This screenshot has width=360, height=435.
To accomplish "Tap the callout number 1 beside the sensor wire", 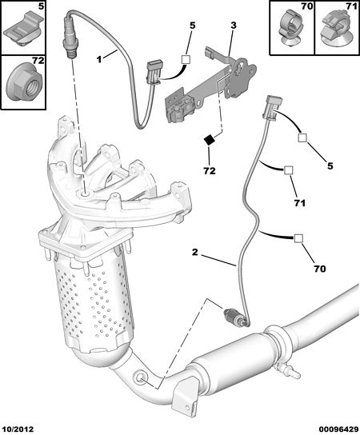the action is click(x=99, y=59).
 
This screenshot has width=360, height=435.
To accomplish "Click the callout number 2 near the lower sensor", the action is click(x=195, y=252).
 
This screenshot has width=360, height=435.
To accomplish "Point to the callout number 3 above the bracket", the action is click(x=234, y=26).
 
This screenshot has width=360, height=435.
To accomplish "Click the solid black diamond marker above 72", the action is click(x=210, y=141).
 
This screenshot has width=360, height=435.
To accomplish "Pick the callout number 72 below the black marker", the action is click(x=210, y=170).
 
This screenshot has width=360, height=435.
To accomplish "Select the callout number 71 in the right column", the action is click(x=300, y=203).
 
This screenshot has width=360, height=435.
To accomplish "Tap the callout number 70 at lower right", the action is click(x=320, y=269).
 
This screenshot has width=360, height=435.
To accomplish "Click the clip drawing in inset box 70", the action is click(x=290, y=28).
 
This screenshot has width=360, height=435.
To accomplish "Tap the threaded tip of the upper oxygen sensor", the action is click(x=72, y=54).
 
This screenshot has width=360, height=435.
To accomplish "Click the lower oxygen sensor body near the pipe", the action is click(x=235, y=317).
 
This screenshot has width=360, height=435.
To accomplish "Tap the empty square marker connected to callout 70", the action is click(x=298, y=238).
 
